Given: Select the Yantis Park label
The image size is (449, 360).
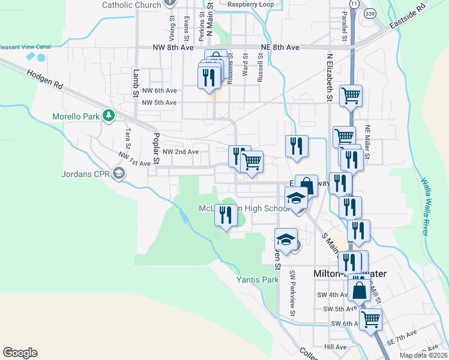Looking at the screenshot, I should pyautogui.click(x=258, y=280).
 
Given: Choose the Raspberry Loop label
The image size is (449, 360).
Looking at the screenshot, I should pyautogui.click(x=250, y=4).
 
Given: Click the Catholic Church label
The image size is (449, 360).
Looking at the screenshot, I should pyautogui.click(x=131, y=4).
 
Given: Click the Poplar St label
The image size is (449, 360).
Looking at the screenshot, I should pyautogui.click(x=156, y=148).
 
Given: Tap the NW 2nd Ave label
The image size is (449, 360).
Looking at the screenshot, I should pyautogui.click(x=180, y=152).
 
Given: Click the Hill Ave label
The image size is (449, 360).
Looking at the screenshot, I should pyautogui.click(x=336, y=347).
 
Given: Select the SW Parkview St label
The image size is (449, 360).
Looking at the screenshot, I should pyautogui.click(x=292, y=293).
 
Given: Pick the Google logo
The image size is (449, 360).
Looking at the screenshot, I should pyautogui.click(x=20, y=353).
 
